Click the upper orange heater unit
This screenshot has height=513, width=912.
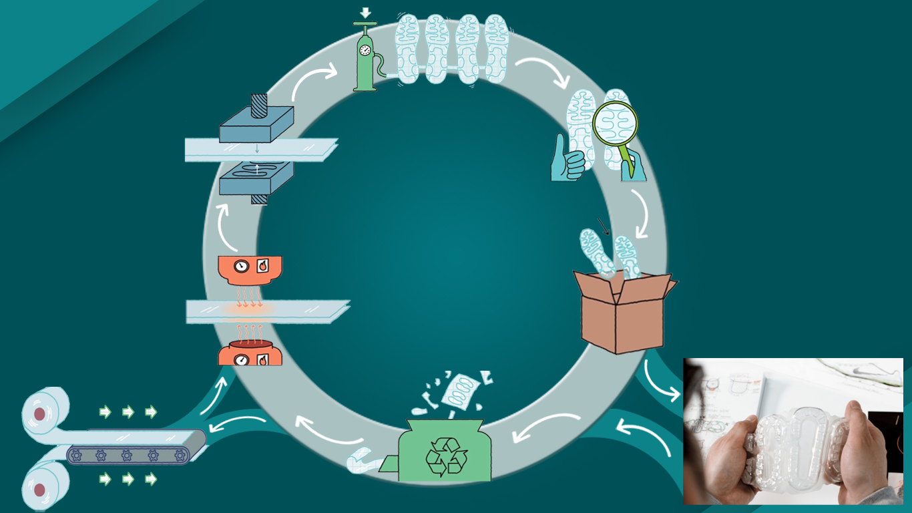click(x=250, y=269)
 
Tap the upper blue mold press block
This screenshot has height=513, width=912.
click(x=257, y=124)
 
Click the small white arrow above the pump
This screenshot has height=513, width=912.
click(x=365, y=13)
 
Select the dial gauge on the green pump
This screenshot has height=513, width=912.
click(x=365, y=50)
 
